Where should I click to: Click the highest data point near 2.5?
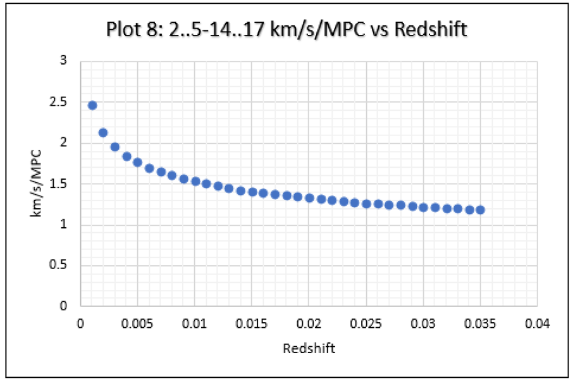(92, 105)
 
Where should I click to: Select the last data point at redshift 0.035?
(480, 209)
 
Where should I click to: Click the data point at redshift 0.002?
(103, 133)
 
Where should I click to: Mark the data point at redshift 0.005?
(137, 163)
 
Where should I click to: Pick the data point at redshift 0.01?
(195, 182)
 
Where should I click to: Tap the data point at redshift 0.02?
(309, 198)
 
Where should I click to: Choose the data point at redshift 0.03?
(423, 207)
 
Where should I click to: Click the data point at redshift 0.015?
(252, 192)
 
